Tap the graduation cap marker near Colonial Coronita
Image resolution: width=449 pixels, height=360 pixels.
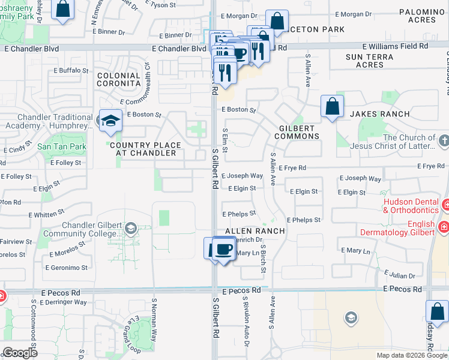pyautogui.click(x=110, y=120)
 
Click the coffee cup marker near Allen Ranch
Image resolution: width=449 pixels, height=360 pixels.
pyautogui.click(x=224, y=248)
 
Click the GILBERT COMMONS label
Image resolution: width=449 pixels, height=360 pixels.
pyautogui.click(x=298, y=132)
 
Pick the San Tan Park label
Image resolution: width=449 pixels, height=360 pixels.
pyautogui.click(x=62, y=146)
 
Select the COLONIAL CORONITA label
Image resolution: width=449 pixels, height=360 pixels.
pyautogui.click(x=119, y=80)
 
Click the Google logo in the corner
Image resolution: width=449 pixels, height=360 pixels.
pyautogui.click(x=19, y=353)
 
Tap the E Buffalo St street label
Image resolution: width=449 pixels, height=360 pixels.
pyautogui.click(x=71, y=70)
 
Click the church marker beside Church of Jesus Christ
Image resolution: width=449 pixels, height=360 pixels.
pyautogui.click(x=443, y=142)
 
